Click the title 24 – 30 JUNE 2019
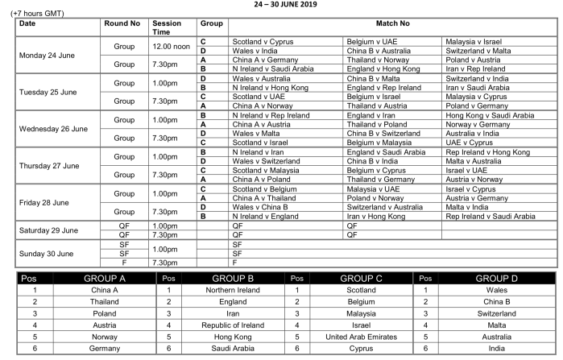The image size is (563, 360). (x=281, y=4)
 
